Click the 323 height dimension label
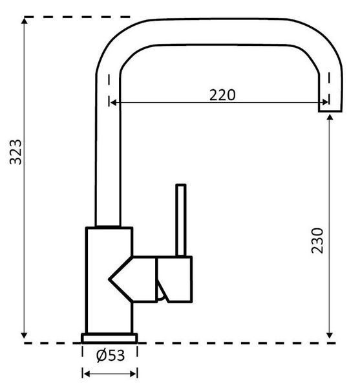coord(16,152)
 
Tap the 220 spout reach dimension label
coord(222,95)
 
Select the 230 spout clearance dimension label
coord(317,241)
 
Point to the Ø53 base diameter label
coord(111,355)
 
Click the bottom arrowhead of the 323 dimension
coord(24,336)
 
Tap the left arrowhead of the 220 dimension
coord(112,102)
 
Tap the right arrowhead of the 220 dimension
coord(325,102)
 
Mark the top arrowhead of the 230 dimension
coord(330,117)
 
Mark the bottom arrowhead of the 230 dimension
coord(330,336)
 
